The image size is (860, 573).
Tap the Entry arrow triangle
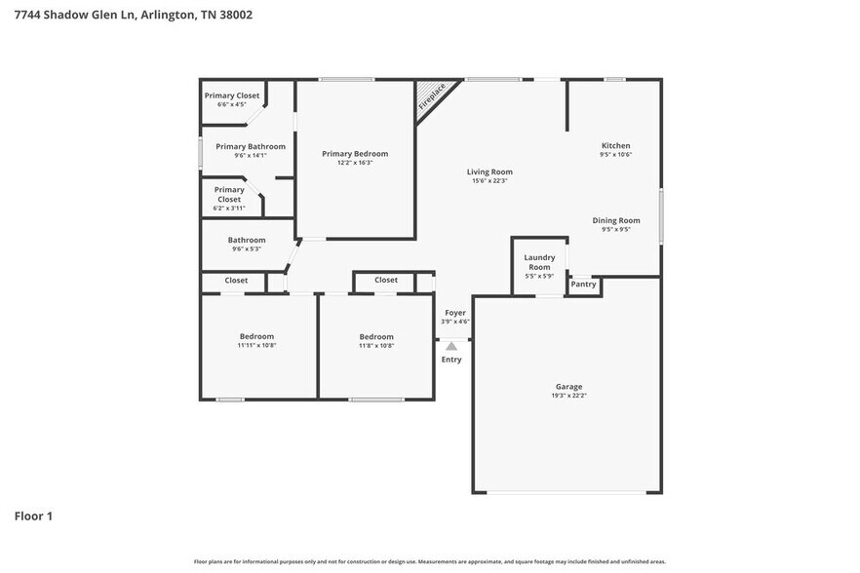[450, 345]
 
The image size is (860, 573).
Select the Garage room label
[569, 387]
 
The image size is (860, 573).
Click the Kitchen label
[615, 146]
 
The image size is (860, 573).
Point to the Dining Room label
[616, 220]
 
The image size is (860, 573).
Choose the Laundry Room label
[539, 262]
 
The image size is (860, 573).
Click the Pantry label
[583, 285]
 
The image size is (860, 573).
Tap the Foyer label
[455, 313]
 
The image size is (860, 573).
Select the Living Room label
[489, 172]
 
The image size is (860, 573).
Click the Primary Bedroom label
[355, 154]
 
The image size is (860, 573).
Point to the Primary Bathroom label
[251, 146]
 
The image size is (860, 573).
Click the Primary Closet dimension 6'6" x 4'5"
[231, 104]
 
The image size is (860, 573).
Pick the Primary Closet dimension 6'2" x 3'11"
[229, 208]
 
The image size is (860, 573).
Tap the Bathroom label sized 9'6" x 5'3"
[247, 240]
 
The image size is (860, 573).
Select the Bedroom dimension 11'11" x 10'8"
[257, 345]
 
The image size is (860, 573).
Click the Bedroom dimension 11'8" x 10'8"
[376, 345]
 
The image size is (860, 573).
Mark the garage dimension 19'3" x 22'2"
[569, 396]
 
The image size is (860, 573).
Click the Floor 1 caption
[33, 516]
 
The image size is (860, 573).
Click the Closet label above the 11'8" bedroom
[386, 281]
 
